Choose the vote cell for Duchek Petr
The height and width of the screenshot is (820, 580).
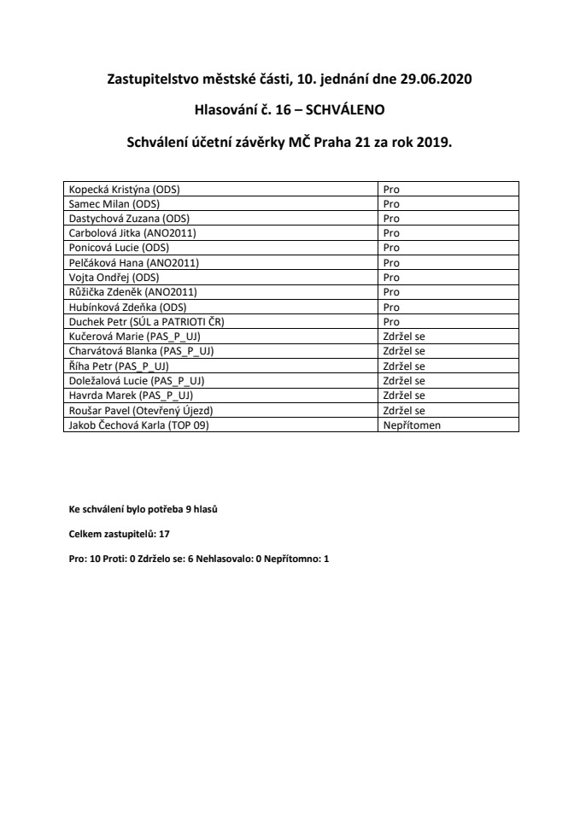pos(392,321)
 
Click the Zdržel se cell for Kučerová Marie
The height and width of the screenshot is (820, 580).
pos(404,336)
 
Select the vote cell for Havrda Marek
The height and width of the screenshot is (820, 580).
pos(404,395)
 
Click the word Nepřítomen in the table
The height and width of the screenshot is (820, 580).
pos(412,425)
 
